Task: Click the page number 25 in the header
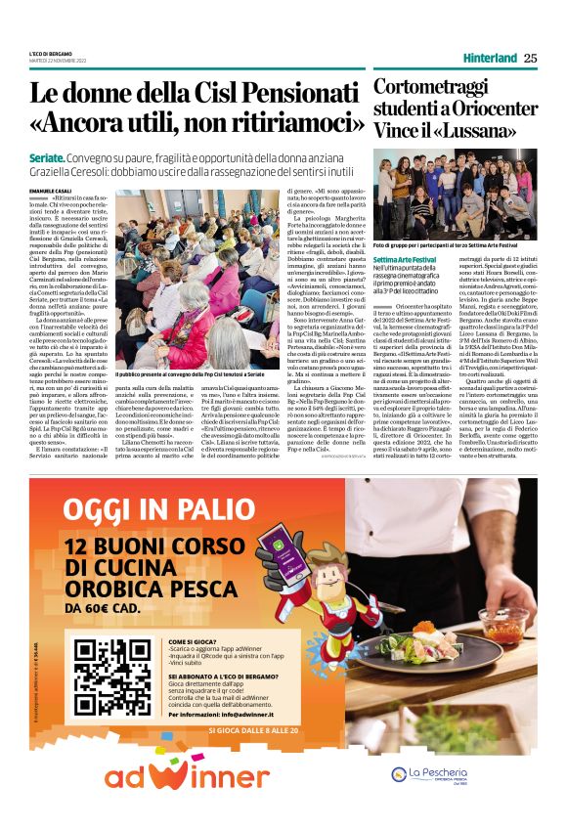coord(530,58)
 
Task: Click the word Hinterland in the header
coord(491,58)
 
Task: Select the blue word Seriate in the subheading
coord(47,157)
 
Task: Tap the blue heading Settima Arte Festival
coord(405,257)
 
